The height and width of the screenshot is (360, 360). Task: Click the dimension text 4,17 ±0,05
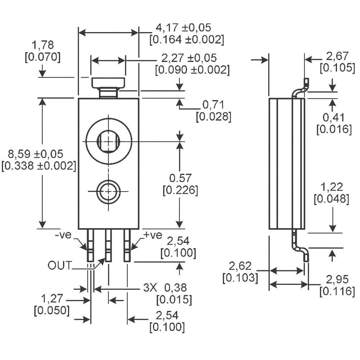[183, 28]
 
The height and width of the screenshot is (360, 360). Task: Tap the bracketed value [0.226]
[180, 190]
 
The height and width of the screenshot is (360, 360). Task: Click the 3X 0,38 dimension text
[167, 288]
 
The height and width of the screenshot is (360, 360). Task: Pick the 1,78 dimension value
[42, 45]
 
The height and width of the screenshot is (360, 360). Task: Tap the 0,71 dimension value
[213, 105]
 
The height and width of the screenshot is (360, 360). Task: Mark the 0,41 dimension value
[334, 117]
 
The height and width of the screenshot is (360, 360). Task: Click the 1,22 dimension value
[331, 186]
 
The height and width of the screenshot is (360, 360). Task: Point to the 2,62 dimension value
[240, 266]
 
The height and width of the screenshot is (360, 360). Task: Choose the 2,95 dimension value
[337, 279]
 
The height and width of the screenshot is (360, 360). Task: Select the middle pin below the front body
[108, 246]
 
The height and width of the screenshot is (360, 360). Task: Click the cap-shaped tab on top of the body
[108, 84]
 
